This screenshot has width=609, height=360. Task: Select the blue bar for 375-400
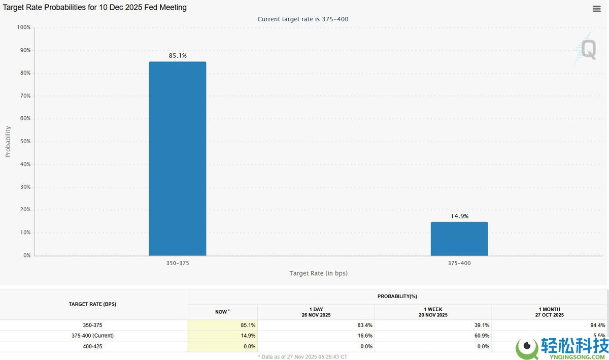tap(459, 239)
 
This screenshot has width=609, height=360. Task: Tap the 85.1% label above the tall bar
tap(178, 56)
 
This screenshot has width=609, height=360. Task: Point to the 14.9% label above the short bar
tap(459, 216)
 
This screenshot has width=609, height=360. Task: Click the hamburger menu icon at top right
tap(596, 9)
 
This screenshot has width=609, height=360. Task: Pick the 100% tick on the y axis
tap(24, 27)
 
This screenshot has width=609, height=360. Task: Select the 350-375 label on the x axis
tap(178, 264)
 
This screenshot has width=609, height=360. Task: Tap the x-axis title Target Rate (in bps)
tap(318, 273)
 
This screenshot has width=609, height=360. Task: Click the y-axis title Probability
tap(8, 142)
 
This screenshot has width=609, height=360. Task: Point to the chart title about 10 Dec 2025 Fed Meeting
tap(95, 8)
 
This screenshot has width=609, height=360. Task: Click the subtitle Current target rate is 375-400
tap(303, 19)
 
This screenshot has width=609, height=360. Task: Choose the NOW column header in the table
tap(222, 312)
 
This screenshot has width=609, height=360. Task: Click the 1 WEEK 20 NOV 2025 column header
tap(433, 312)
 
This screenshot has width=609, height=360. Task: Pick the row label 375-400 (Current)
tap(93, 336)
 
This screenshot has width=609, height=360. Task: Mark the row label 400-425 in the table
tap(93, 346)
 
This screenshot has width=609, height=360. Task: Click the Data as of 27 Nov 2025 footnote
tap(303, 356)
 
